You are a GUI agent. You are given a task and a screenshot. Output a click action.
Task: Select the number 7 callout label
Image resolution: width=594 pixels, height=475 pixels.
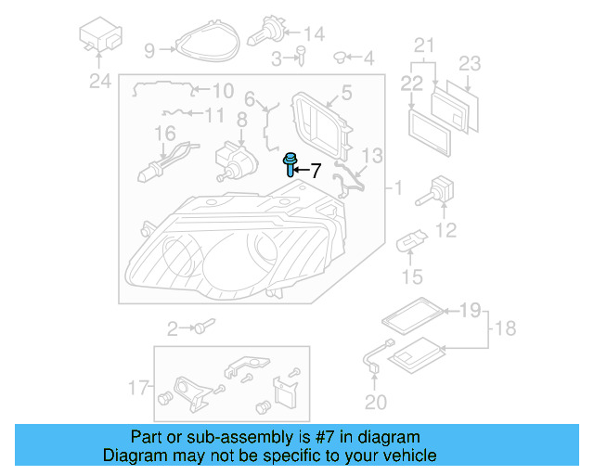click(x=315, y=171)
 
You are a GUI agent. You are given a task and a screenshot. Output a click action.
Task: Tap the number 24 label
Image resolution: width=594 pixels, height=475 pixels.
click(x=99, y=82)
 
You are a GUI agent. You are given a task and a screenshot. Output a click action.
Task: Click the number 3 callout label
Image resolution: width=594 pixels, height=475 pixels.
click(x=277, y=60)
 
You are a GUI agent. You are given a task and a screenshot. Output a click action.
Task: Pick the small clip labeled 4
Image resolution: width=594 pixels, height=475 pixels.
click(x=341, y=58)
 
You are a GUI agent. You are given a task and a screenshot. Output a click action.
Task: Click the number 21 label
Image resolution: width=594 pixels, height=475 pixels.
click(x=424, y=45)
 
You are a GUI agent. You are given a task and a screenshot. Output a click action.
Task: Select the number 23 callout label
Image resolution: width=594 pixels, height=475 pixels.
click(x=471, y=63)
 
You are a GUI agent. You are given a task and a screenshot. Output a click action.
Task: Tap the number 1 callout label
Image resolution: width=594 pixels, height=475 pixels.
click(x=397, y=189)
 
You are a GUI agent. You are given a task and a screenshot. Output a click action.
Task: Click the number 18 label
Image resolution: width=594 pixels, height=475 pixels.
click(x=506, y=328)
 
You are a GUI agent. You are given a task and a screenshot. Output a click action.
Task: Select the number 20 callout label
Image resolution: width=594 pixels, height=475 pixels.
click(x=374, y=402)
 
